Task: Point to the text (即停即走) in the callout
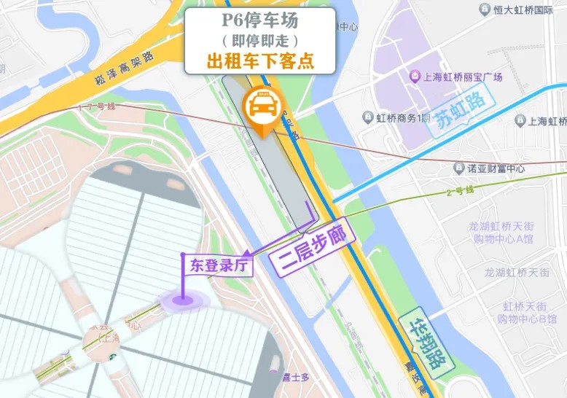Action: click(x=260, y=40)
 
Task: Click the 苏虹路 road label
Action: click(x=461, y=112)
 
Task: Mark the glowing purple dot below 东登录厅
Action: click(x=183, y=299)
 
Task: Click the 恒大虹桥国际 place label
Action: click(x=524, y=9)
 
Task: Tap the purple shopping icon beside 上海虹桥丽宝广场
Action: click(x=414, y=76)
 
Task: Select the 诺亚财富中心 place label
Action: click(x=496, y=168)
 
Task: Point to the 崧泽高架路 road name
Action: click(x=125, y=68)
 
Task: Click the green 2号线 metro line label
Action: click(x=459, y=192)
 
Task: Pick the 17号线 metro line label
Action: click(x=97, y=107)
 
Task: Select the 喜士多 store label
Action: click(x=296, y=377)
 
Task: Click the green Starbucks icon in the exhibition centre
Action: click(x=114, y=357)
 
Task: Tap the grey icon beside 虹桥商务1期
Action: click(x=367, y=118)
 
